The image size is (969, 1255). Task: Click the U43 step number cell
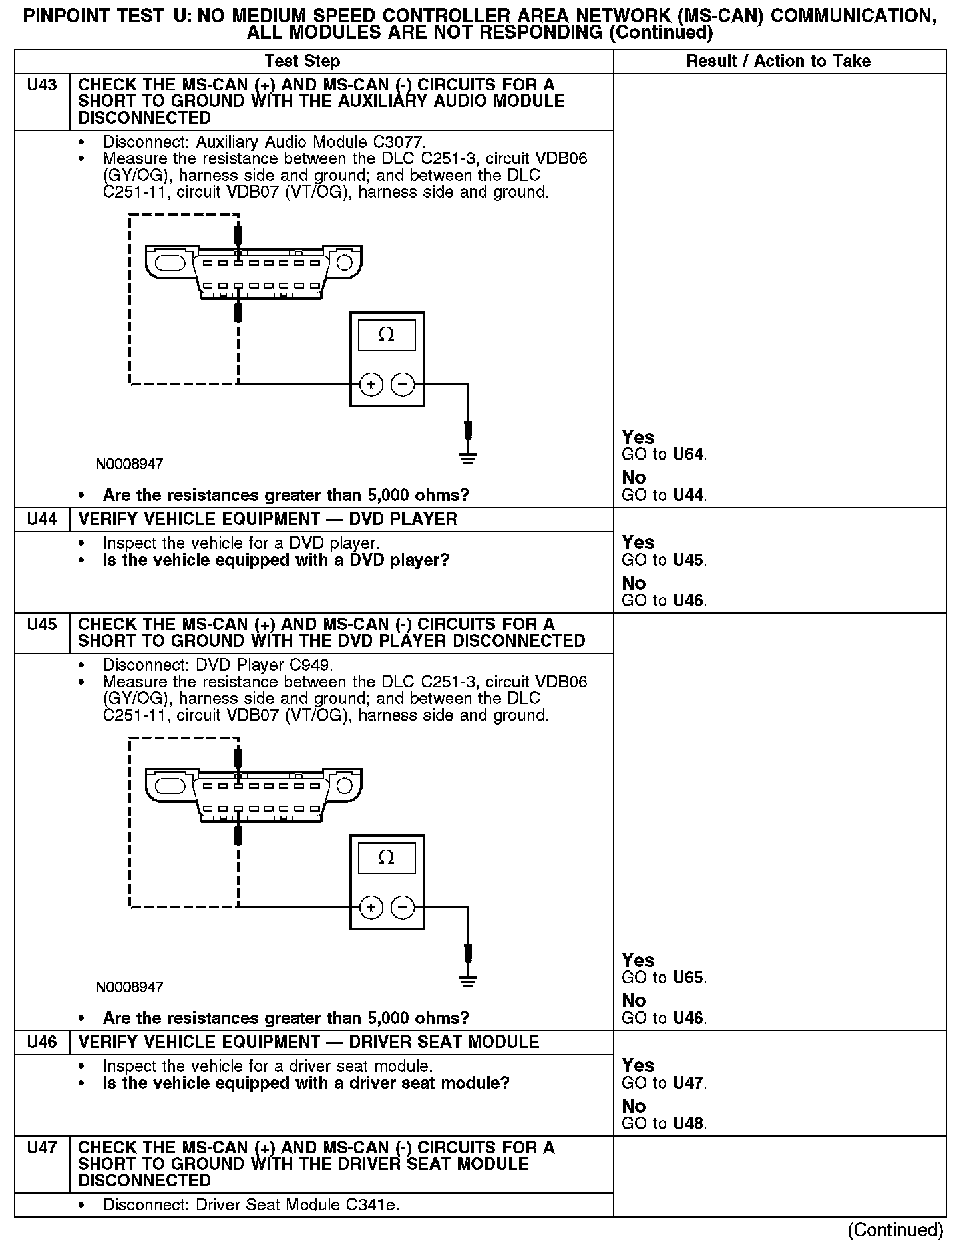[42, 86]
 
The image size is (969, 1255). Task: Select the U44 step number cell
[42, 520]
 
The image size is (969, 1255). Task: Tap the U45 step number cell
[42, 625]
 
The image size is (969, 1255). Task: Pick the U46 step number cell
[42, 1043]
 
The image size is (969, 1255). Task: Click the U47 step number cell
[42, 1148]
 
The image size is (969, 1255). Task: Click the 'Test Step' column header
[302, 61]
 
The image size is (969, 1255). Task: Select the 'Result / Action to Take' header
[778, 61]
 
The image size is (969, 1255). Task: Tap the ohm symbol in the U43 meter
[386, 335]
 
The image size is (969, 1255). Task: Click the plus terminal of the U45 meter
[371, 907]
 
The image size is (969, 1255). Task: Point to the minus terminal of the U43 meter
[402, 384]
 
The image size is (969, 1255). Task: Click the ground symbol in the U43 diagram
[468, 457]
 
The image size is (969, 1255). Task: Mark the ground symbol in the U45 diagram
[468, 980]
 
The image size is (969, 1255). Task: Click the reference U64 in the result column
[688, 455]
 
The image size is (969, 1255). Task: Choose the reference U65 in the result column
[688, 978]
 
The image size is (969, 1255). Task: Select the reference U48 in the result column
[688, 1124]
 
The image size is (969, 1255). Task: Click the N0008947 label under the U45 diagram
[129, 987]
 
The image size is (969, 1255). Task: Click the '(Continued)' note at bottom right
[895, 1230]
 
